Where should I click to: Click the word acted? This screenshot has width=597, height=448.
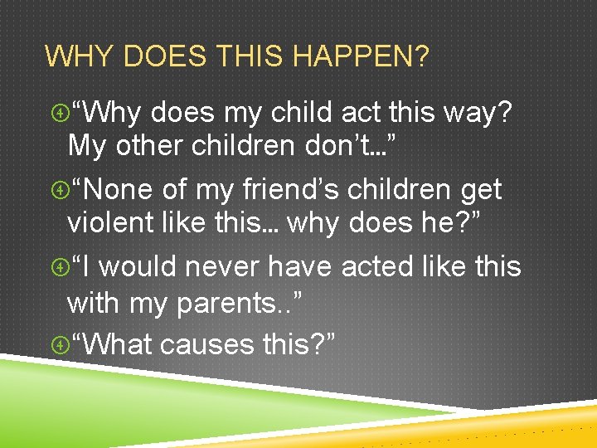tap(381, 267)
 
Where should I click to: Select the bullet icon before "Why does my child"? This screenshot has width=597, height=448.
tap(58, 112)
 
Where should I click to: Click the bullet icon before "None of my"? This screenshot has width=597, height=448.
tap(58, 190)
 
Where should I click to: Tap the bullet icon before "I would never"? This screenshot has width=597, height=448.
tap(58, 267)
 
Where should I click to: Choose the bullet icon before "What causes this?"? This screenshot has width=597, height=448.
tap(58, 344)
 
